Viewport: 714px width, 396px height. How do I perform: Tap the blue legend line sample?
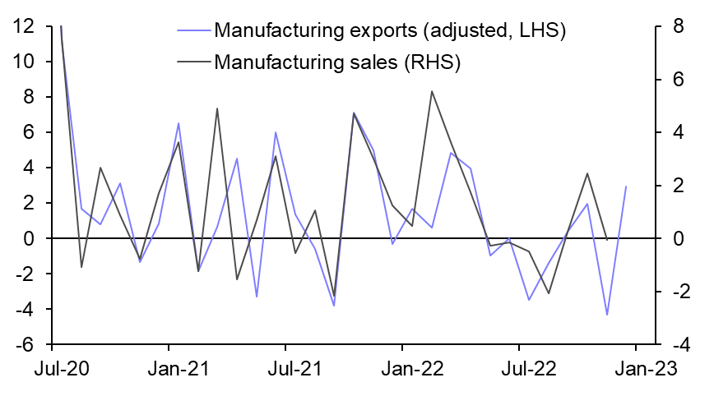pyautogui.click(x=193, y=31)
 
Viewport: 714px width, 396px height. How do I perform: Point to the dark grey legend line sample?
pyautogui.click(x=193, y=62)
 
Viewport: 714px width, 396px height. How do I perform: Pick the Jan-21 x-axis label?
pyautogui.click(x=169, y=369)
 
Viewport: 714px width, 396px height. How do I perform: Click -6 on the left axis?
pyautogui.click(x=25, y=344)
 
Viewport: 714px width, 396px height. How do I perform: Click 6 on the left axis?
pyautogui.click(x=25, y=132)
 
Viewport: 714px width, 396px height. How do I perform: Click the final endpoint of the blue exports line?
pyautogui.click(x=627, y=186)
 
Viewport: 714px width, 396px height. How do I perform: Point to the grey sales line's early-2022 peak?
pyautogui.click(x=432, y=91)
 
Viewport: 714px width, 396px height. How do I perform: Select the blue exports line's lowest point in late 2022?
pyautogui.click(x=607, y=315)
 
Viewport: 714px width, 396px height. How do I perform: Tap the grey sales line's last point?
pyautogui.click(x=607, y=239)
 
